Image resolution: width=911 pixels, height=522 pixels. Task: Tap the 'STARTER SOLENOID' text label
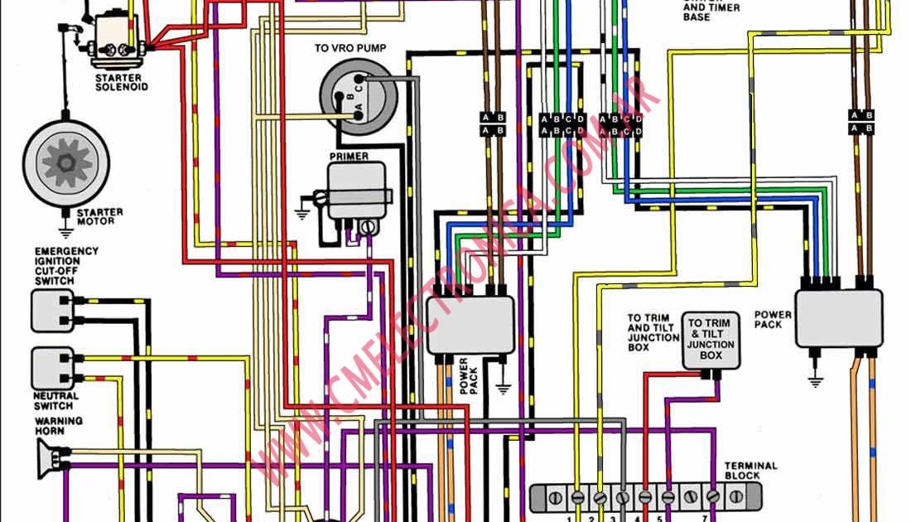click(x=122, y=82)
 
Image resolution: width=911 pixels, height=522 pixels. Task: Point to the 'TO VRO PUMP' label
click(x=349, y=49)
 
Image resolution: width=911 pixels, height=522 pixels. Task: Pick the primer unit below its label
click(x=357, y=190)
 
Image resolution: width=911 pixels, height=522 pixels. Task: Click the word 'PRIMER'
click(x=349, y=156)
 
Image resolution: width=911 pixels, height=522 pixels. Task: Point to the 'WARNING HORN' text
click(x=59, y=426)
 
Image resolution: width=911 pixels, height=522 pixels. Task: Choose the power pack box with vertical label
click(x=470, y=326)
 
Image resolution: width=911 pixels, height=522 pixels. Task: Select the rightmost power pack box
click(x=838, y=318)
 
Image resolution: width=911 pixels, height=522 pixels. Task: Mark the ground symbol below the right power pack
click(x=816, y=380)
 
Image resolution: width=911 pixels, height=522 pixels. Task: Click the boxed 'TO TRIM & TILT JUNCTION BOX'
click(x=711, y=340)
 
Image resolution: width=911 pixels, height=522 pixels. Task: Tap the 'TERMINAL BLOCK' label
click(x=750, y=471)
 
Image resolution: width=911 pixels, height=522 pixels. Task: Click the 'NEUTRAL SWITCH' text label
click(x=55, y=401)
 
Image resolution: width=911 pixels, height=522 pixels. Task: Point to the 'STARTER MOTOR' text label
click(x=100, y=217)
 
